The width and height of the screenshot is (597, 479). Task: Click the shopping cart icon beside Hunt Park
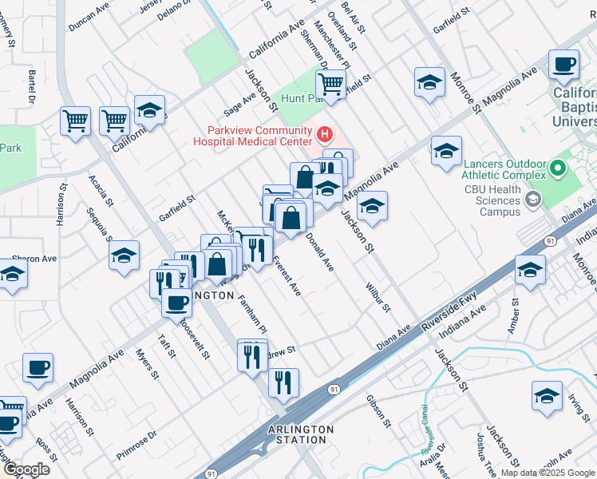click(x=330, y=82)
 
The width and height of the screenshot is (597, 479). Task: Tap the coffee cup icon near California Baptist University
click(x=563, y=65)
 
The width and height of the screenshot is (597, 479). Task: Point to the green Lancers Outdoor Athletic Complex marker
click(x=559, y=168)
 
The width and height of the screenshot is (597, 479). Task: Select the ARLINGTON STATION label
click(x=300, y=434)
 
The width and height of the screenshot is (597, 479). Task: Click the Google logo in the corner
click(x=26, y=469)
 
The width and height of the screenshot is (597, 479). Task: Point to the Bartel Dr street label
click(x=33, y=87)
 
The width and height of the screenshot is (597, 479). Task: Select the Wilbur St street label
click(x=377, y=295)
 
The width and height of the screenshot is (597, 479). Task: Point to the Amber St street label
click(x=513, y=315)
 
